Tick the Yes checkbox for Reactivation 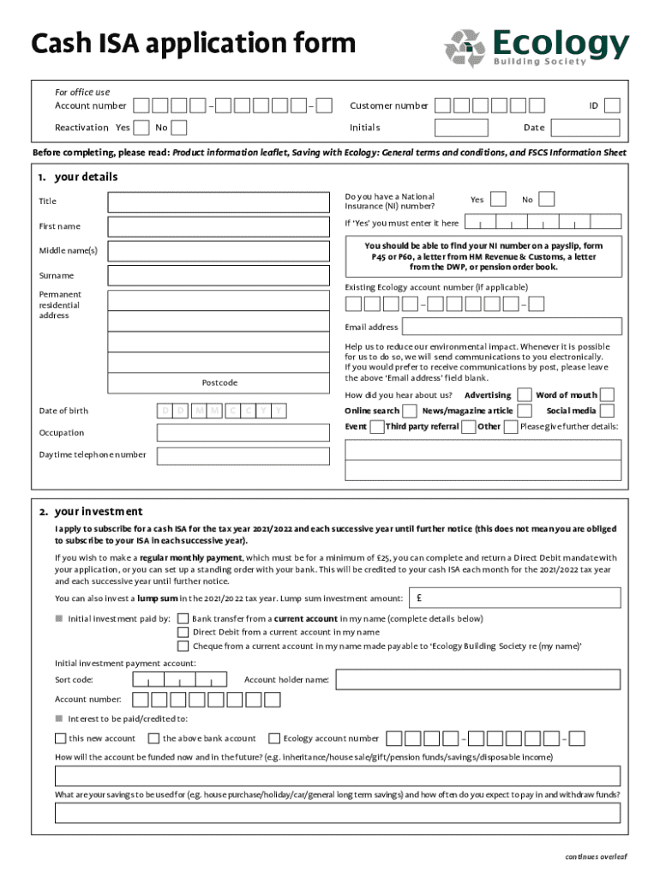[x=141, y=128]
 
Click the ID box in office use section [x=612, y=105]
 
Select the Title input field [x=219, y=201]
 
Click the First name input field [x=219, y=226]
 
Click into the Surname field [x=219, y=275]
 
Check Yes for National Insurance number [x=497, y=199]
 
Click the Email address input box [x=512, y=327]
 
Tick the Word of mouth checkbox [x=607, y=394]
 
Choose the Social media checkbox [x=607, y=411]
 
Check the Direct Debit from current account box [x=183, y=632]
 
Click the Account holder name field [x=477, y=680]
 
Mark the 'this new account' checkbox [x=60, y=738]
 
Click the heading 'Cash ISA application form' [x=193, y=43]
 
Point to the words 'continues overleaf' [x=596, y=856]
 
